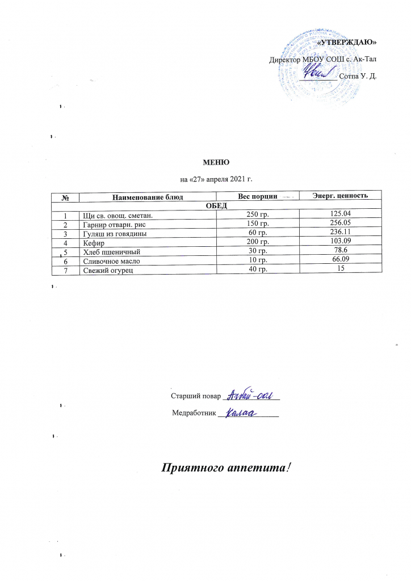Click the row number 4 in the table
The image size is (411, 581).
point(66,242)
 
